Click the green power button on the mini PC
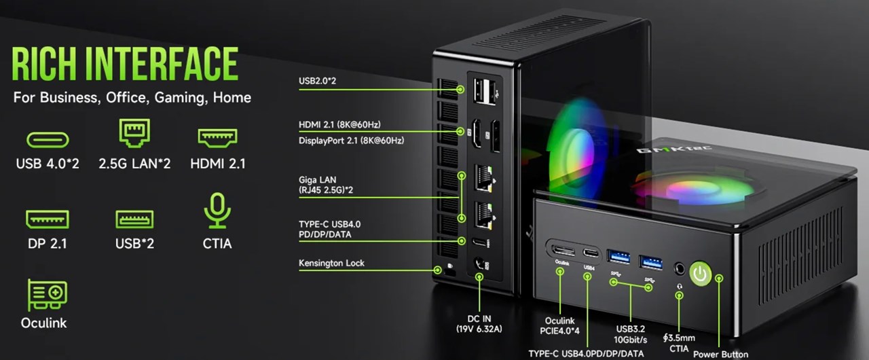(701, 274)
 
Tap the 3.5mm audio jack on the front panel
(680, 268)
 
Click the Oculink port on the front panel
(563, 250)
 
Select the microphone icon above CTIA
(217, 211)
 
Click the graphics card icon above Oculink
(48, 294)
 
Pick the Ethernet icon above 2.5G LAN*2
(134, 132)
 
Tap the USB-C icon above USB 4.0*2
(48, 140)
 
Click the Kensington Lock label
(331, 263)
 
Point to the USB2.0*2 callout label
(317, 81)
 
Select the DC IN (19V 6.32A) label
(479, 324)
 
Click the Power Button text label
(720, 354)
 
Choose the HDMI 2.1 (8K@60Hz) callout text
(339, 124)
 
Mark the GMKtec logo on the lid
(674, 149)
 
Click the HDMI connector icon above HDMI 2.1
(217, 138)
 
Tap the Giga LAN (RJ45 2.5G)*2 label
(326, 185)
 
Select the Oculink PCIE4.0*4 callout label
(560, 325)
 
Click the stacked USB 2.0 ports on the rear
(484, 91)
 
